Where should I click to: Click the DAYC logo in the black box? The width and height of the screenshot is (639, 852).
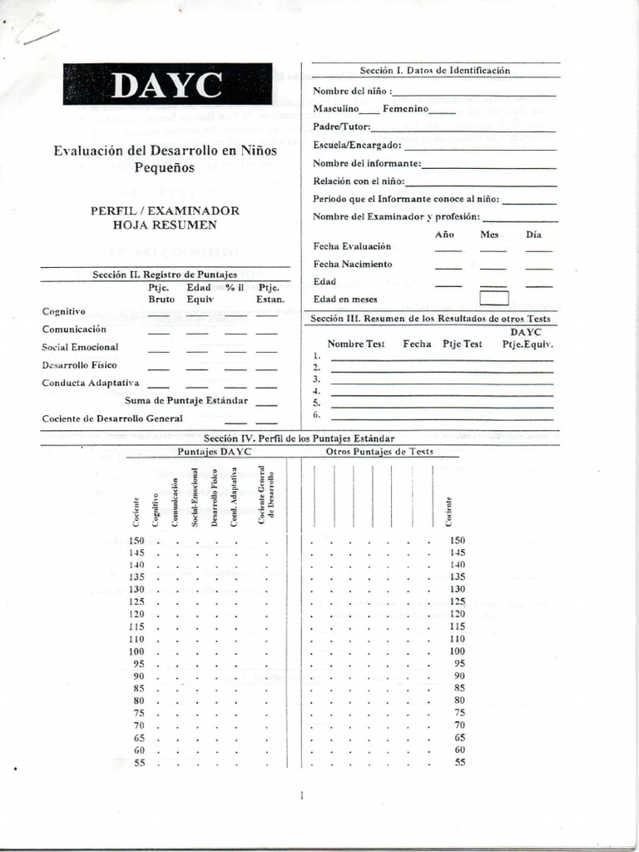point(166,85)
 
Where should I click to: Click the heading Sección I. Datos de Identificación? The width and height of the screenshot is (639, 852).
point(434,71)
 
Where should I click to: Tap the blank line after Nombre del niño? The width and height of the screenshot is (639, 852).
point(473,92)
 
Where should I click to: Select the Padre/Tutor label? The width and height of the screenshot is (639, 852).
point(341,127)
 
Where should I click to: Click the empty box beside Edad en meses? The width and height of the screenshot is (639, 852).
point(493,298)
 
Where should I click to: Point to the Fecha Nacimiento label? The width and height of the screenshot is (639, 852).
point(353,264)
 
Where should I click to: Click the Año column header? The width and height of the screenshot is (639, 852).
point(445,235)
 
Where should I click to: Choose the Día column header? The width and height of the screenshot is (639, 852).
point(533,235)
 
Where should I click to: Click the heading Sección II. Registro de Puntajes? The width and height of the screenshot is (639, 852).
point(165,274)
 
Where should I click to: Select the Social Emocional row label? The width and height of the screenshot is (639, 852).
point(80,347)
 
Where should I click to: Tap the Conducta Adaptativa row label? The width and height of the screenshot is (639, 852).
point(91,383)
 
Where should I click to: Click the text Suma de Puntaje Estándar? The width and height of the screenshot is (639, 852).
point(186,400)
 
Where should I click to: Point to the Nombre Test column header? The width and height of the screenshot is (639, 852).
point(356,344)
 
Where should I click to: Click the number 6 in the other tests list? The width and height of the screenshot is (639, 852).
point(316,414)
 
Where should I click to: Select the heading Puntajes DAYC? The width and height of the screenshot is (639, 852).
point(214,451)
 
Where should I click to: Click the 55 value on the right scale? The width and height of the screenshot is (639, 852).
point(459,763)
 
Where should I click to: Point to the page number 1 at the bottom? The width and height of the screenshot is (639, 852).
point(301,796)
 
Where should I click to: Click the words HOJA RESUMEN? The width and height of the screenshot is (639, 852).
point(165,225)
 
